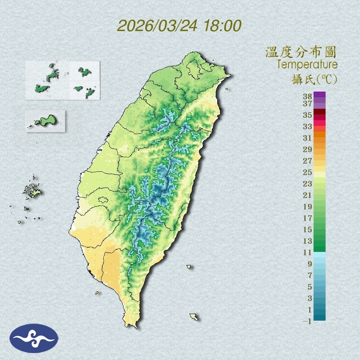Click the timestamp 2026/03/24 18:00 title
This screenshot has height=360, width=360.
179,26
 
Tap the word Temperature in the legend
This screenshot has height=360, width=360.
307,65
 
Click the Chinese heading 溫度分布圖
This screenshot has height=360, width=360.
301,52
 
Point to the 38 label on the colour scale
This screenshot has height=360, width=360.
308,97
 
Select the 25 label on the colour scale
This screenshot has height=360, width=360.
308,172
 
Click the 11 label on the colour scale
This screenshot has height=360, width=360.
308,252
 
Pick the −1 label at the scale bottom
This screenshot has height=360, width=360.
307,321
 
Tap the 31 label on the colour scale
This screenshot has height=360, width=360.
308,137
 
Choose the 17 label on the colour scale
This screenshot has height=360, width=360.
308,218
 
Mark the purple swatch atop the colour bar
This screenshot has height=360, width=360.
319,94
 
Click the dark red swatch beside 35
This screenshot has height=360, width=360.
319,112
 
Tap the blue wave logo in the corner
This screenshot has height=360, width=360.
34,338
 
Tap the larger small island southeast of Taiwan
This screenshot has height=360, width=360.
193,316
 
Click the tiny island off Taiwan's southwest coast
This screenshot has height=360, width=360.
97,292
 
